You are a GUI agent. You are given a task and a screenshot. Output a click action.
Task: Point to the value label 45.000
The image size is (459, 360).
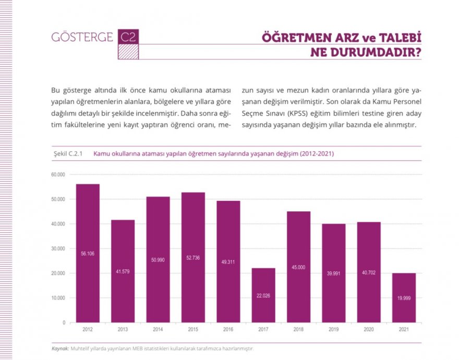click(298, 267)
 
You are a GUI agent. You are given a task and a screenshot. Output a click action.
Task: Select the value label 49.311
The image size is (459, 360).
click(228, 262)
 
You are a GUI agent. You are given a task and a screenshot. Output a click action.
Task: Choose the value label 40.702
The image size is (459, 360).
click(369, 272)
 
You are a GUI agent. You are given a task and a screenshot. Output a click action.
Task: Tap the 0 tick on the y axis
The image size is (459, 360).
click(64, 322)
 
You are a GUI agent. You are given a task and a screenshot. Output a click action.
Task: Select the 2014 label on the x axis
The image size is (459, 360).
click(158, 330)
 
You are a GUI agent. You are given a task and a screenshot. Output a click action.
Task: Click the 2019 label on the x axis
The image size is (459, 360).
click(333, 330)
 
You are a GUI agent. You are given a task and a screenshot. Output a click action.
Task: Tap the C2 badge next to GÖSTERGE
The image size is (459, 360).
click(128, 37)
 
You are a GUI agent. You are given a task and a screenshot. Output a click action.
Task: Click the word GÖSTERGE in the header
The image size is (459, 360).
click(82, 38)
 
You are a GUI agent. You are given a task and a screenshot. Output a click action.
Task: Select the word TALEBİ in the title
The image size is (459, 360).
click(397, 38)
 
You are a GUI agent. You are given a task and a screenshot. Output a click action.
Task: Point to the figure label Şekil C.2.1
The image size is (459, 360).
click(68, 154)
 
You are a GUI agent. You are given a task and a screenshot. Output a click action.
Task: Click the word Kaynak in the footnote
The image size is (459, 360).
click(60, 348)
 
